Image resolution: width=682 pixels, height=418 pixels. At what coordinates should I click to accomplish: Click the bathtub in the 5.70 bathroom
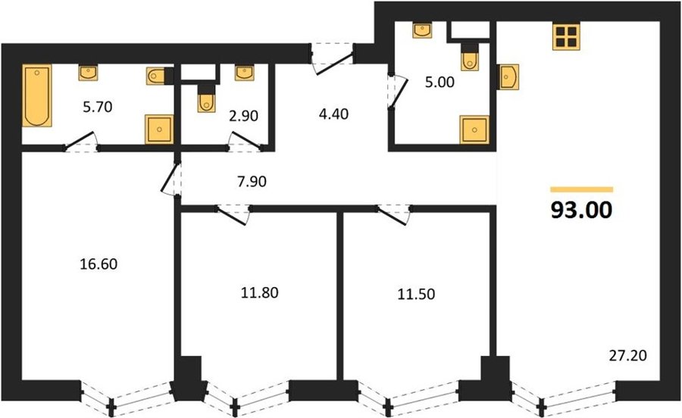click(37, 95)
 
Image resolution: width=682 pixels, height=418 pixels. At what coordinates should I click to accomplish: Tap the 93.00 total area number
click(581, 211)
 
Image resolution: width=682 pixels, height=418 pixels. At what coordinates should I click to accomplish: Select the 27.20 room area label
click(627, 356)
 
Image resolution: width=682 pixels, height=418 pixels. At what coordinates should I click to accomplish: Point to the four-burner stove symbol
click(566, 36)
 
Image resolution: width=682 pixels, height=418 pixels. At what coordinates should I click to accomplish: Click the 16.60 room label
click(99, 264)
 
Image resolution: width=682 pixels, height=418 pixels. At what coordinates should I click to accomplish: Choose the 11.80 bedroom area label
click(260, 293)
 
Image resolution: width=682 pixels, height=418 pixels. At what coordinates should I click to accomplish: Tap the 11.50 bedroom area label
click(416, 294)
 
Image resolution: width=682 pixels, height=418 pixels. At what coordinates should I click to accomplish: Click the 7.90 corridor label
click(252, 181)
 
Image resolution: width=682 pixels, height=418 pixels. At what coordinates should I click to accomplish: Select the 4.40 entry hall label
click(333, 114)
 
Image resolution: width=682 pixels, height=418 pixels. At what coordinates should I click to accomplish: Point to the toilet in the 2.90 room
click(206, 98)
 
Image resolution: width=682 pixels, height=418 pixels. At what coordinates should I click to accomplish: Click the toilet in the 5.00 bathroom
click(469, 57)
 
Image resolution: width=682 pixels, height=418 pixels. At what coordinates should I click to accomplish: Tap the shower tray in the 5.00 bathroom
click(474, 129)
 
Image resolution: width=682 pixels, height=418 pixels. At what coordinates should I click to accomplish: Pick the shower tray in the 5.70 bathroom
click(159, 129)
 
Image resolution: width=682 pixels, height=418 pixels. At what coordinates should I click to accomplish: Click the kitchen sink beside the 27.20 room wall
click(508, 77)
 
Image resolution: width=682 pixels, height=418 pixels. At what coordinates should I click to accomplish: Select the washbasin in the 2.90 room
click(245, 73)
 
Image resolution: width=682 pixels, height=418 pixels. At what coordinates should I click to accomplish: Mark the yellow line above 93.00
click(581, 189)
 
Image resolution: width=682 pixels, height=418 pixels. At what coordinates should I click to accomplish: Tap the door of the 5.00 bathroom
click(399, 92)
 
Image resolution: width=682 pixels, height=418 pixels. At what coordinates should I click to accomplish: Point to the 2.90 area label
click(243, 116)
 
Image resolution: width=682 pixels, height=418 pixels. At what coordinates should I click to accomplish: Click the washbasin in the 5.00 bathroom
click(422, 30)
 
